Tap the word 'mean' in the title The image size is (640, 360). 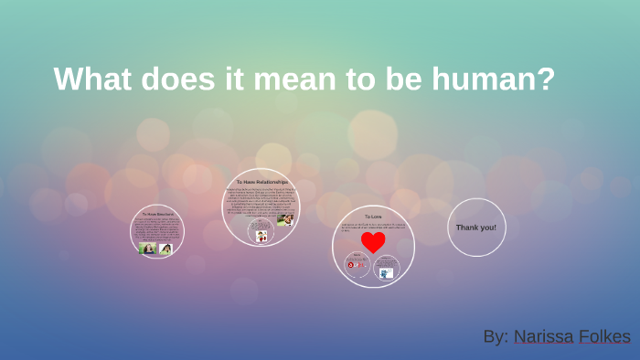293,79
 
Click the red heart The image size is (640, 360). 373,242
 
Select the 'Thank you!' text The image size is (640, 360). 475,227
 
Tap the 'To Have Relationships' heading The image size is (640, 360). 261,182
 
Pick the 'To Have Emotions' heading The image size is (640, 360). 157,214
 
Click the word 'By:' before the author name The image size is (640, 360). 496,336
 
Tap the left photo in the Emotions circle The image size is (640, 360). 146,249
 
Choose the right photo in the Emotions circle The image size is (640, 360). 165,249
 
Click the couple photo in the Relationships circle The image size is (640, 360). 285,219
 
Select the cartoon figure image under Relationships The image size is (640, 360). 261,236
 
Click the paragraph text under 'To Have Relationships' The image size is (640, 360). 261,203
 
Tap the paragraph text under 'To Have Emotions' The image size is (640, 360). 156,229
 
